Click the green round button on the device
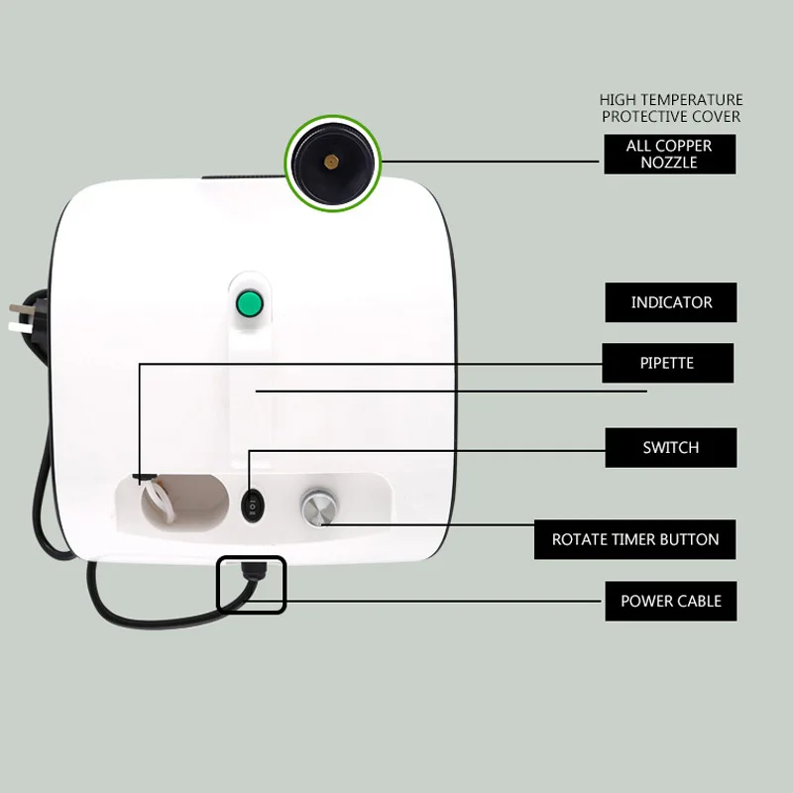click(250, 303)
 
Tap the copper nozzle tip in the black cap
click(331, 162)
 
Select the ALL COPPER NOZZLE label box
click(670, 155)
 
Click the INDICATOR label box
click(671, 302)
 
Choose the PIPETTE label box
click(667, 363)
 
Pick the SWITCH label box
click(671, 448)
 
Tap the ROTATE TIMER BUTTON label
click(634, 539)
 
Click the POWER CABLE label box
click(671, 601)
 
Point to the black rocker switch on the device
click(252, 506)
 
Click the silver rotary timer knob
click(318, 508)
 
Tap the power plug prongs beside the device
click(19, 317)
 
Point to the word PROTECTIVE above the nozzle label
click(644, 116)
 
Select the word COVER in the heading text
click(716, 116)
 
